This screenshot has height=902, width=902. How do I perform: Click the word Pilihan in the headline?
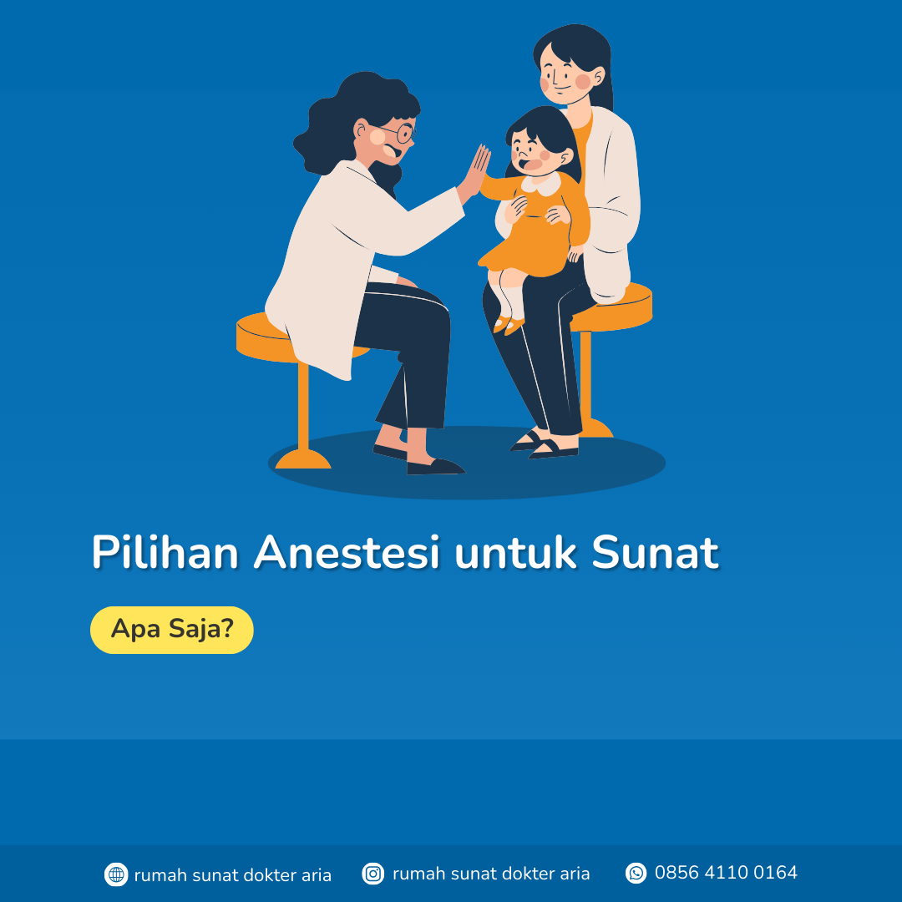click(x=165, y=552)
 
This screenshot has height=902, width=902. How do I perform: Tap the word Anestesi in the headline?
click(x=347, y=552)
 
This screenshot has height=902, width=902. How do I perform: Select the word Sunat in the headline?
click(x=656, y=552)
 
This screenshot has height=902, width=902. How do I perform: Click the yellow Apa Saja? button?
click(x=171, y=630)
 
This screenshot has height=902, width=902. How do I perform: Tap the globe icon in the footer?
click(x=115, y=874)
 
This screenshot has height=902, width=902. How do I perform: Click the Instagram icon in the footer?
click(x=372, y=874)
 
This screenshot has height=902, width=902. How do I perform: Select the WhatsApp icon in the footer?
click(x=636, y=873)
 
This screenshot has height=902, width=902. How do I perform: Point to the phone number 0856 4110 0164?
click(x=726, y=873)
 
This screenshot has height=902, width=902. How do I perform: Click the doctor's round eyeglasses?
click(x=398, y=133)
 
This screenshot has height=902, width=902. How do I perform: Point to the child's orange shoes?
click(x=509, y=325)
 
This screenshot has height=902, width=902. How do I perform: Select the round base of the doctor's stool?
click(x=303, y=459)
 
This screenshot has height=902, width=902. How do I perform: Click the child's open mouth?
click(x=528, y=164)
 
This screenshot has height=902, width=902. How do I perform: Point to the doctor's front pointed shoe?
click(x=435, y=466)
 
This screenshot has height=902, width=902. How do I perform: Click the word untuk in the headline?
click(x=515, y=552)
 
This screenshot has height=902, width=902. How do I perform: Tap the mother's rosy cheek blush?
click(x=583, y=82)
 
